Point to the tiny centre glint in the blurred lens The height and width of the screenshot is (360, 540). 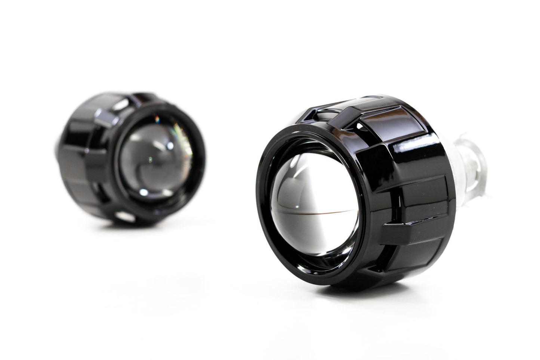pos(150,160)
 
